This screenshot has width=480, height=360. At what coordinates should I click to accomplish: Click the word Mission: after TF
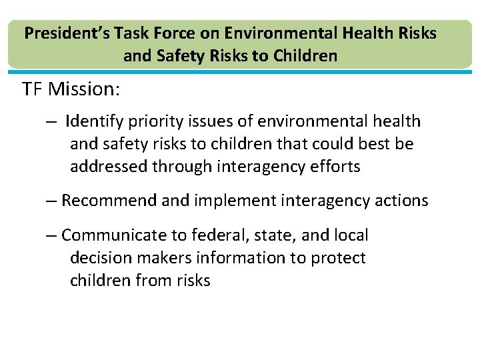85,89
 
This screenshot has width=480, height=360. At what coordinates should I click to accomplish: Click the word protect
339,258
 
